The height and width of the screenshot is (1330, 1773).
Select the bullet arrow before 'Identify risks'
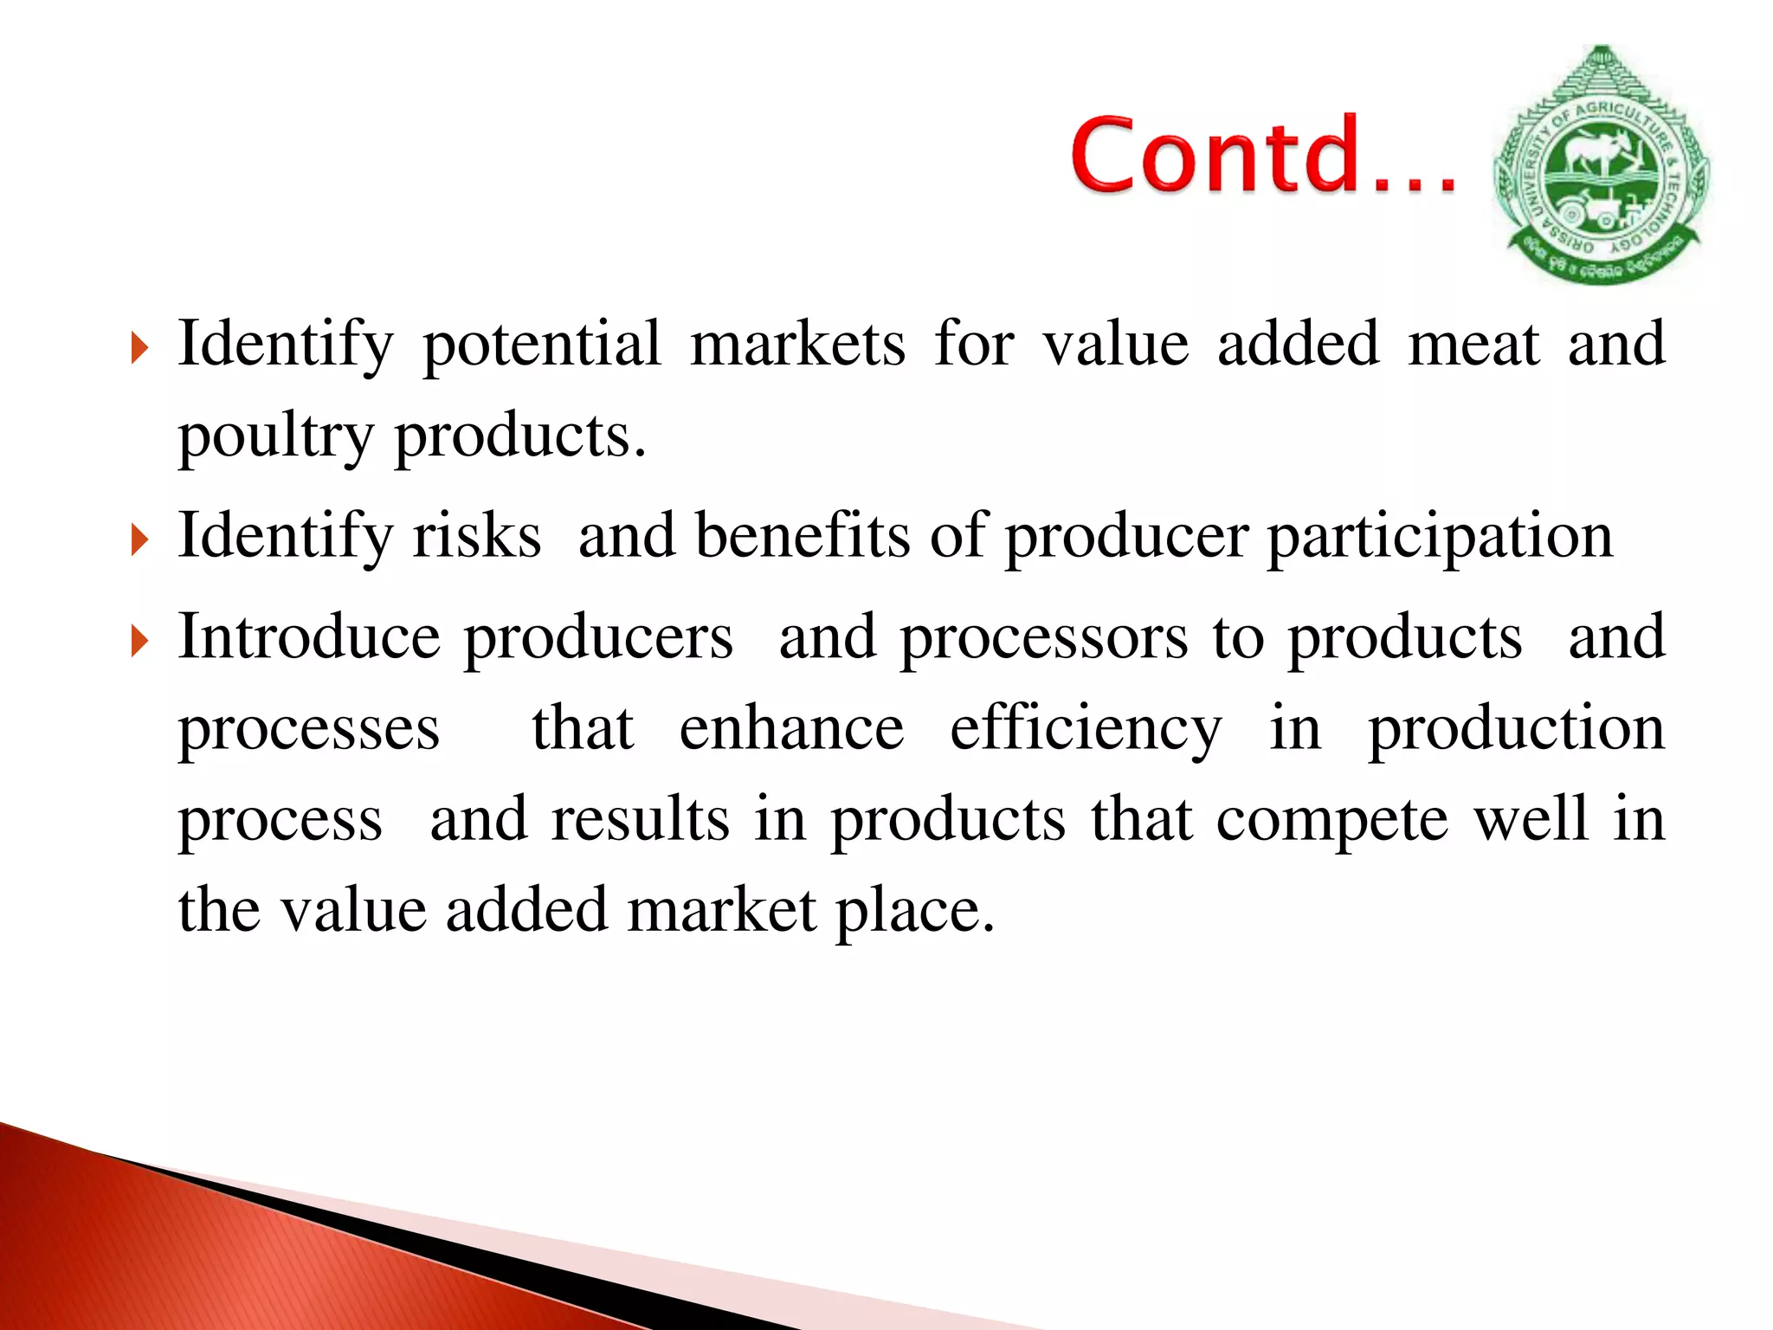point(139,540)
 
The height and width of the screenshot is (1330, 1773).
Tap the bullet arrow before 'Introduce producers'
point(139,642)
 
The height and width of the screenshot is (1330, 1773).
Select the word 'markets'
point(797,345)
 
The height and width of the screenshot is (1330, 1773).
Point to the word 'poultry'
point(275,436)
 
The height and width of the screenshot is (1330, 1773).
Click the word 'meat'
point(1473,345)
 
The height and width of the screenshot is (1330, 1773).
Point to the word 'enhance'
point(791,728)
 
